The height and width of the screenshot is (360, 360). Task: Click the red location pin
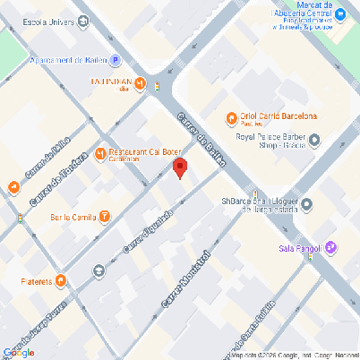(x=180, y=167)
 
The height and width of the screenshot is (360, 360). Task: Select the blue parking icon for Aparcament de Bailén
(x=115, y=61)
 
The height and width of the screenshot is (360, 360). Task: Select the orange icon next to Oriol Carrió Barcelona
(x=230, y=116)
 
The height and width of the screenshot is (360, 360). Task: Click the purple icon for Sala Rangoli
(x=331, y=246)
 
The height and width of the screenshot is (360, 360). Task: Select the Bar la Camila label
(x=73, y=217)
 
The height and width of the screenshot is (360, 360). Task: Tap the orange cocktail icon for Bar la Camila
(x=106, y=217)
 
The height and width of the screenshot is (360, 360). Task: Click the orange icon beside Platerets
(x=60, y=280)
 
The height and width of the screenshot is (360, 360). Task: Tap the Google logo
(x=18, y=352)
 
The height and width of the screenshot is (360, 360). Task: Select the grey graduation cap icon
(x=98, y=269)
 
